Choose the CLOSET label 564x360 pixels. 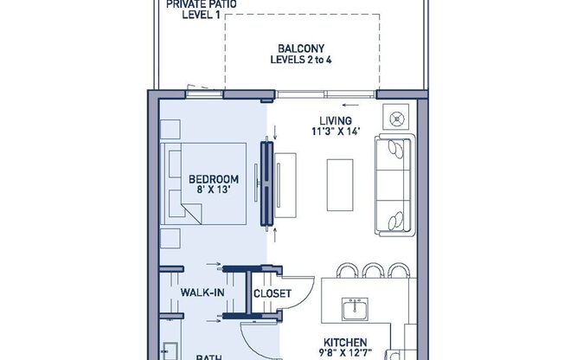(x=271, y=293)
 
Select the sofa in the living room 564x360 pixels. (x=395, y=185)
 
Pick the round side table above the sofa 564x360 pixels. (x=399, y=115)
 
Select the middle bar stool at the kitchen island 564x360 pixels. (x=374, y=270)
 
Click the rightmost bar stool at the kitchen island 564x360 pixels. (x=398, y=270)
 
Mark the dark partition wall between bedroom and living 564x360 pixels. (x=267, y=185)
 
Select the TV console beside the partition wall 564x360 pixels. (x=286, y=185)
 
